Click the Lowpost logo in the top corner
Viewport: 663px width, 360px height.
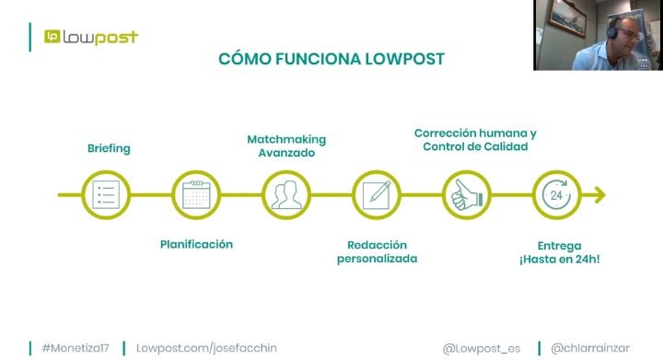(x=90, y=37)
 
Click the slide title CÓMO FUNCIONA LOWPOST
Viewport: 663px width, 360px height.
(x=331, y=59)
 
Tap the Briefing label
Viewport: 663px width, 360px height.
(x=109, y=148)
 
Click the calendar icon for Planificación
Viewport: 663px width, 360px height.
(x=195, y=195)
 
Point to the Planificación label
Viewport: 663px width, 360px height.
(x=196, y=244)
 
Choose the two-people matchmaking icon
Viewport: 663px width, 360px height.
(x=285, y=195)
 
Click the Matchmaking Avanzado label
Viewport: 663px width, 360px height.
(x=286, y=146)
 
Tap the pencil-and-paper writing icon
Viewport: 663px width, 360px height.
(x=376, y=195)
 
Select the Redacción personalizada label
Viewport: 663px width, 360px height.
(x=377, y=251)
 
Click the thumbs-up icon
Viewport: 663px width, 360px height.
(x=466, y=195)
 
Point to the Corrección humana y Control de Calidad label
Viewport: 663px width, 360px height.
(x=475, y=140)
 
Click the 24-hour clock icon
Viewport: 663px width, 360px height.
(x=556, y=195)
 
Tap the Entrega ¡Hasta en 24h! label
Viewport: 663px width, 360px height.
(x=558, y=252)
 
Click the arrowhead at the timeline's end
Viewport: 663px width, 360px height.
(x=599, y=195)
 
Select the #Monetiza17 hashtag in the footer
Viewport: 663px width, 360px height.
(x=76, y=348)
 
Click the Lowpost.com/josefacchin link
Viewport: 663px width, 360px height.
(x=206, y=348)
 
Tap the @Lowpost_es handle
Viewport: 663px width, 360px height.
(x=481, y=348)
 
